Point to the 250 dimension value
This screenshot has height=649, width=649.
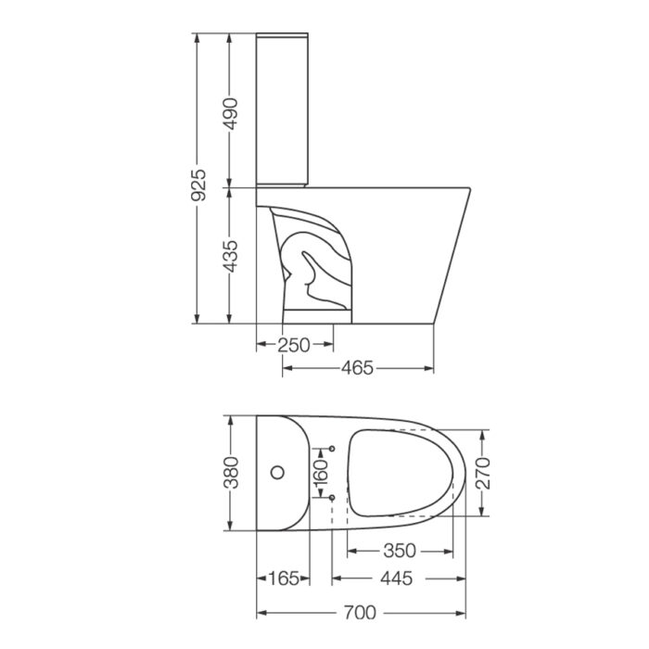pyautogui.click(x=294, y=345)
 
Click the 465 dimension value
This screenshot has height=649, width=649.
pyautogui.click(x=357, y=369)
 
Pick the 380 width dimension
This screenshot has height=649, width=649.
pyautogui.click(x=231, y=473)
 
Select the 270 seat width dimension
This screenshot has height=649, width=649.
pyautogui.click(x=480, y=473)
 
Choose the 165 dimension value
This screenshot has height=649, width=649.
pyautogui.click(x=283, y=579)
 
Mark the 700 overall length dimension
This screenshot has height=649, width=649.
pyautogui.click(x=360, y=613)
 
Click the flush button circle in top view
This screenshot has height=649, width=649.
pyautogui.click(x=277, y=473)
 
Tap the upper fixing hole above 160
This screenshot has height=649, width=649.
pyautogui.click(x=331, y=449)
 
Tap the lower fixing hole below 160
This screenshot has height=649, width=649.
pyautogui.click(x=331, y=499)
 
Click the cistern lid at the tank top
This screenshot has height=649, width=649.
pyautogui.click(x=282, y=38)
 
